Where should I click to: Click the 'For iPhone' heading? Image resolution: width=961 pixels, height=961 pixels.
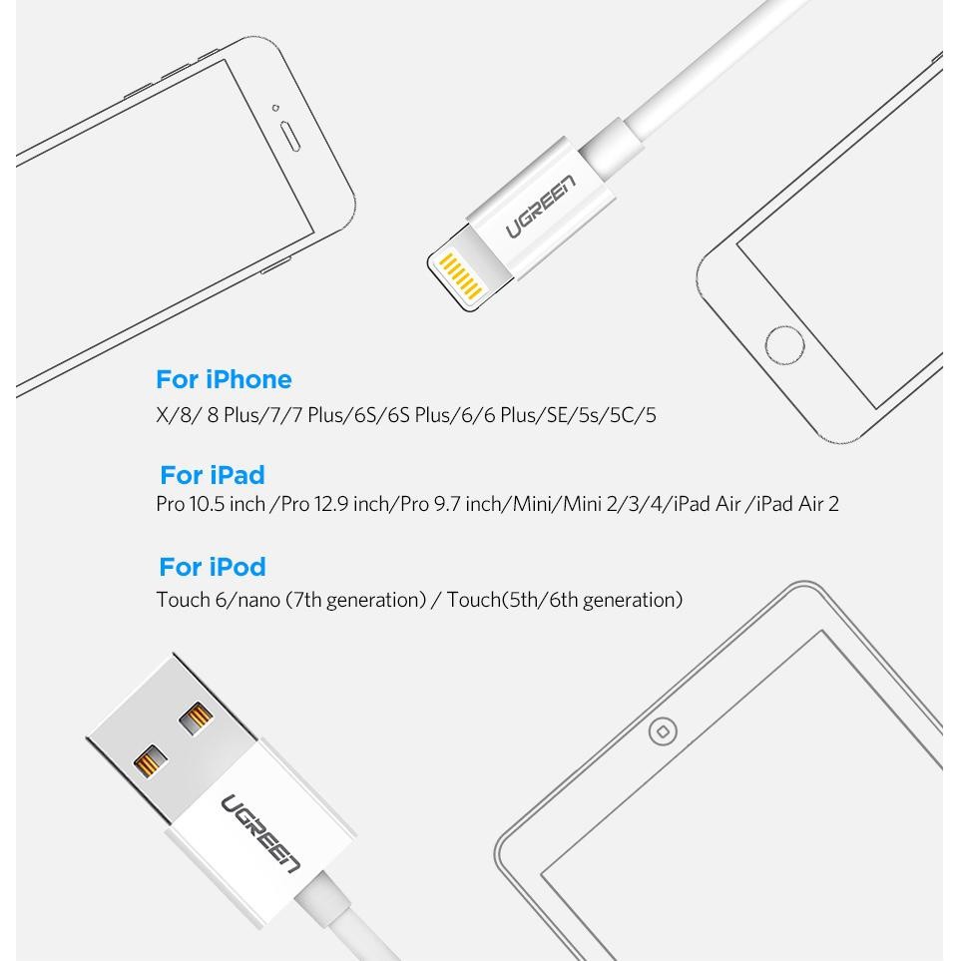tap(224, 379)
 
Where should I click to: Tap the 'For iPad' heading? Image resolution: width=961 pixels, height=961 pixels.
tap(213, 475)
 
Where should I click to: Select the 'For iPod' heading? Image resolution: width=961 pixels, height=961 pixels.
tap(213, 567)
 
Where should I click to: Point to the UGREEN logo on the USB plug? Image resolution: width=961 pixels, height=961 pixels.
tap(261, 833)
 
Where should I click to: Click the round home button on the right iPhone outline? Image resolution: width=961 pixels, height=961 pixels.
tap(784, 345)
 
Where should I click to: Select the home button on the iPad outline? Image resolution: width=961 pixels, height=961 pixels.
tap(663, 731)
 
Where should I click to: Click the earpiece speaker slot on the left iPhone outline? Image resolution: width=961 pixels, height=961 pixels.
tap(289, 136)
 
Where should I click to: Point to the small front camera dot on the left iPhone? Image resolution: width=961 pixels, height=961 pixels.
tap(275, 108)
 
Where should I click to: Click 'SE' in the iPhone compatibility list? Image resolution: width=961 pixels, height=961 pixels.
tap(557, 415)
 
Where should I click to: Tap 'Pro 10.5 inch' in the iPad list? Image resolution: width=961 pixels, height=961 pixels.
tap(211, 504)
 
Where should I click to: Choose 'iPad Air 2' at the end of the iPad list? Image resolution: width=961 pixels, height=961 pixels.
tap(797, 504)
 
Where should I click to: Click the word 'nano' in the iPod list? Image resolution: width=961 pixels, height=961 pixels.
tap(258, 600)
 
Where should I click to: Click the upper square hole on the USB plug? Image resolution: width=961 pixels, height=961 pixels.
tap(197, 719)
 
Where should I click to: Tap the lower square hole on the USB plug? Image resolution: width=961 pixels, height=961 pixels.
tap(151, 761)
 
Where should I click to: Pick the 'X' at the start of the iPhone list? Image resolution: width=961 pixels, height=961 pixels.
tap(163, 415)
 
